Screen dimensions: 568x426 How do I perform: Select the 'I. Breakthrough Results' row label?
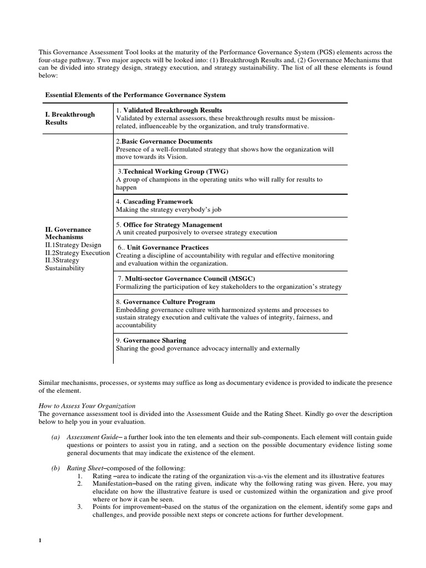click(x=69, y=118)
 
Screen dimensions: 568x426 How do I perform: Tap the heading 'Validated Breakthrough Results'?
click(x=172, y=110)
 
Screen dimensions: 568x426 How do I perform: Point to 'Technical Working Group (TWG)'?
click(x=175, y=171)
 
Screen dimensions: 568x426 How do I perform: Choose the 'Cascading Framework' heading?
click(x=158, y=201)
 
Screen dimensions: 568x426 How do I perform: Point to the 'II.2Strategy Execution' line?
click(x=77, y=252)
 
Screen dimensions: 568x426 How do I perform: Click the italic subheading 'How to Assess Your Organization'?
click(x=87, y=406)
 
